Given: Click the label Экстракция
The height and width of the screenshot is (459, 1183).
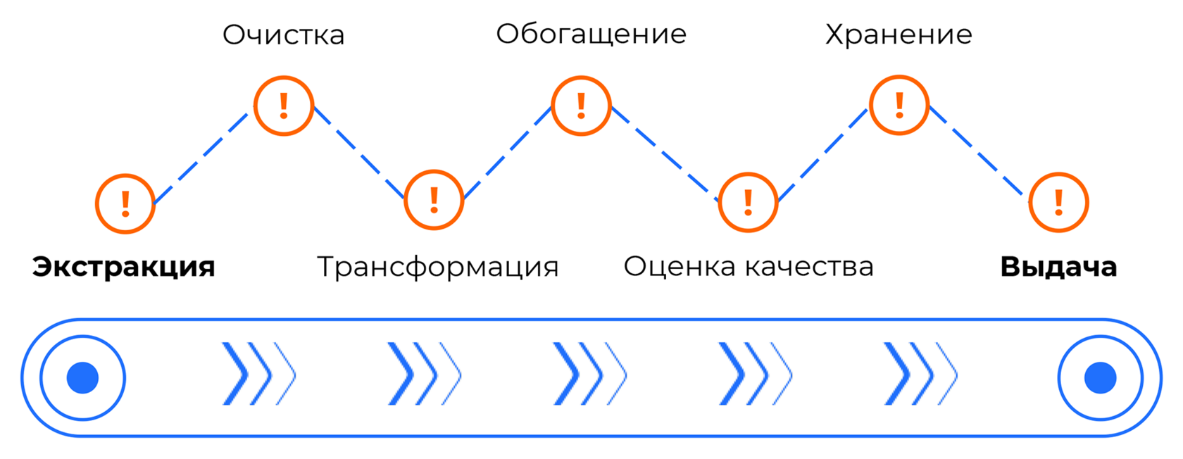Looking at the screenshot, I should (123, 268).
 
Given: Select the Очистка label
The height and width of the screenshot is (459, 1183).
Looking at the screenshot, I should (283, 35).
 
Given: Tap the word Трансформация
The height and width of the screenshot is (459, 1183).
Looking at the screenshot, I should (437, 268).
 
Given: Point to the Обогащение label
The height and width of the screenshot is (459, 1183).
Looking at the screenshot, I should (591, 34).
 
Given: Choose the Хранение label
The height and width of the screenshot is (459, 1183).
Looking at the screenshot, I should (898, 34).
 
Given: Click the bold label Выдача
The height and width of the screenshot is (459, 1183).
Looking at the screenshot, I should (1058, 268).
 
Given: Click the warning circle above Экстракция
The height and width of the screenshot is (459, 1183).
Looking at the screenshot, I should (125, 203).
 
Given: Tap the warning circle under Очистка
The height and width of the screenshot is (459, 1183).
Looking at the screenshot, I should (284, 106).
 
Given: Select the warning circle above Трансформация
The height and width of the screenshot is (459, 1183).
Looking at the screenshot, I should (434, 200).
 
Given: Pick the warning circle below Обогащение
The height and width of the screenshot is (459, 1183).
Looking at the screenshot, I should (581, 106).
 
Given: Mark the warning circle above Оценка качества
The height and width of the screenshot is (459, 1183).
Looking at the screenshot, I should (748, 202).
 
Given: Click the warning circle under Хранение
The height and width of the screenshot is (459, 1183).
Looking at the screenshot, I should (899, 105).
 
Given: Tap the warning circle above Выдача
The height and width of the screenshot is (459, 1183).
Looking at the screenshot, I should (1058, 202).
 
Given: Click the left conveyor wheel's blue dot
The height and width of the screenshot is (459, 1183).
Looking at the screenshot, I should (82, 378).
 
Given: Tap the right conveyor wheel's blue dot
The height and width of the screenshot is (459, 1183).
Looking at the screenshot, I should (1100, 378).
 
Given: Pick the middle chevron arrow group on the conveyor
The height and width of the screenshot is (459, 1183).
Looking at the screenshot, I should (589, 374).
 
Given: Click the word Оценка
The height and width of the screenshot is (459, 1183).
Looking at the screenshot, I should (680, 267).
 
